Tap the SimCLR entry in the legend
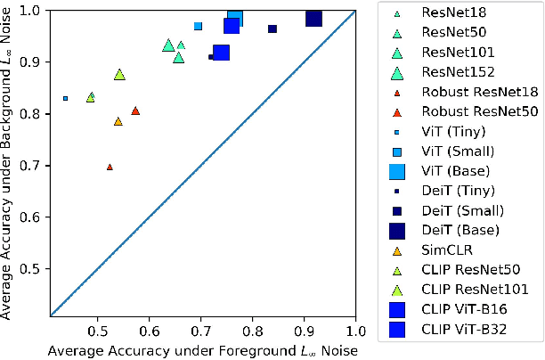[x=443, y=250]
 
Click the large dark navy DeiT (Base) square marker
[x=313, y=19]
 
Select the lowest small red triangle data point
[x=110, y=167]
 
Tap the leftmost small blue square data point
[x=65, y=98]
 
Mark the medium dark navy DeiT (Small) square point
[x=272, y=29]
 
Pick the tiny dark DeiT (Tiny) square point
[x=211, y=57]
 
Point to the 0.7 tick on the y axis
[x=37, y=166]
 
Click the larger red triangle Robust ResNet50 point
[x=135, y=110]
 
